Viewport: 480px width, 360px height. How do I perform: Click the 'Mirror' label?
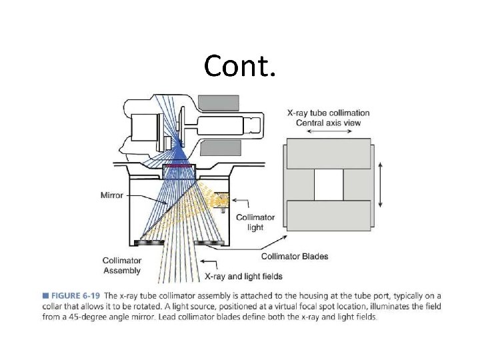(111, 195)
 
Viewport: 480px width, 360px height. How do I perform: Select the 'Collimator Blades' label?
(294, 256)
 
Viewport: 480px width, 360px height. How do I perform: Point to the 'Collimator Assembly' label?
(121, 265)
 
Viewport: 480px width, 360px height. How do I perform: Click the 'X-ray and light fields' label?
(243, 275)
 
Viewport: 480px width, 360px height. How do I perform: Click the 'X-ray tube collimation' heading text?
(328, 113)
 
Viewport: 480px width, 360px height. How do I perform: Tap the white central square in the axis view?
(327, 186)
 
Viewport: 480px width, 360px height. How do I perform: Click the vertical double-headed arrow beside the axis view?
(381, 186)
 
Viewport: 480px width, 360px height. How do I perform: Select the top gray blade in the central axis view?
(327, 154)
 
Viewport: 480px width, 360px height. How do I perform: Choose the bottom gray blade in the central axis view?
(327, 217)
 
